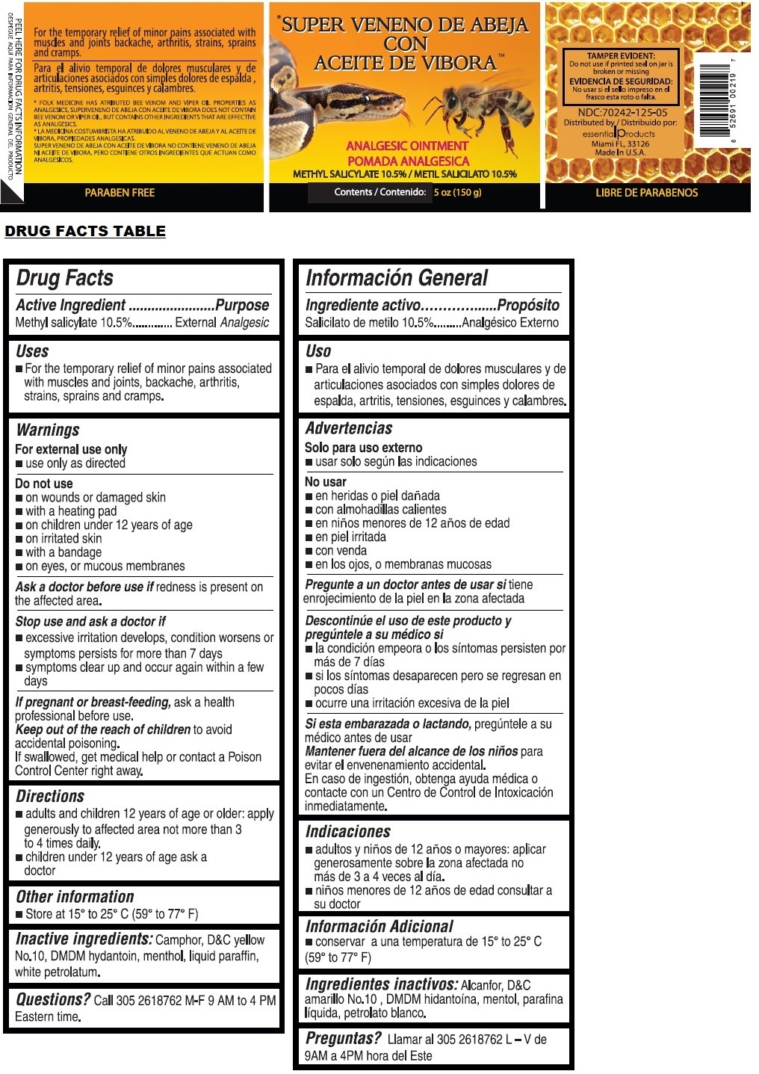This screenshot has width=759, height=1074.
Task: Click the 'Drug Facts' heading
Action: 65,278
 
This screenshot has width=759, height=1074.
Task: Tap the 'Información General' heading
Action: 397,278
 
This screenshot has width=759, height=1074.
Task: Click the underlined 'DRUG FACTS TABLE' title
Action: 85,231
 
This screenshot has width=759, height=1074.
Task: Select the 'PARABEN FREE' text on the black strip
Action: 120,193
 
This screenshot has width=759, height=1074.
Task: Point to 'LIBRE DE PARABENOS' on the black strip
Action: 646,193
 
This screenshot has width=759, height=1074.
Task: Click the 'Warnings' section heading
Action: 48,430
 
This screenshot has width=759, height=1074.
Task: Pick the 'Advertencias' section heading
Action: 349,428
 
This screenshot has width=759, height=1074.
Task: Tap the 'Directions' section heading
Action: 50,796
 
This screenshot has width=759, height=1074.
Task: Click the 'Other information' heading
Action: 75,896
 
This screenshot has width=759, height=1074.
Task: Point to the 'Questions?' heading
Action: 53,999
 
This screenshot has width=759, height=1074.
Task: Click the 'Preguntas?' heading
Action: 344,1038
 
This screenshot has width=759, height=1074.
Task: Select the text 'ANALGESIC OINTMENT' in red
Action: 407,146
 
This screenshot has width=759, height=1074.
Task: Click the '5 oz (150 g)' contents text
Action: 458,193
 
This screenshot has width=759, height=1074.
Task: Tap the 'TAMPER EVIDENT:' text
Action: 621,56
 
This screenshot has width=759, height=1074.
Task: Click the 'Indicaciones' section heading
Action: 348,831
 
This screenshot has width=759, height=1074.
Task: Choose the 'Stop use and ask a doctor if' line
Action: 90,621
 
